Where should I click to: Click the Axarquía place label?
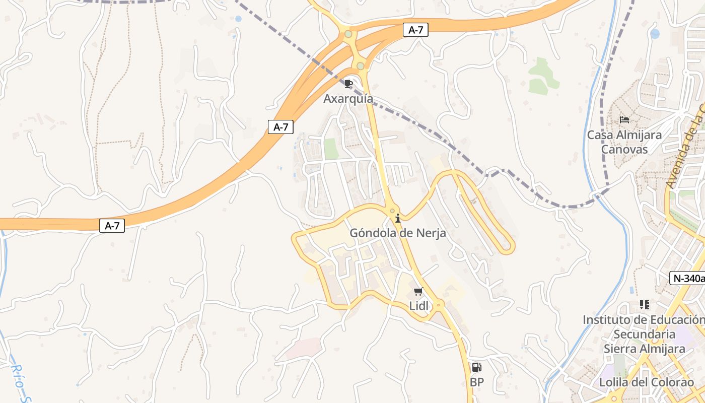click(x=348, y=99)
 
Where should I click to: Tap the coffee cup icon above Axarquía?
click(x=348, y=84)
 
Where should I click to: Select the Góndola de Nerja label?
click(x=398, y=233)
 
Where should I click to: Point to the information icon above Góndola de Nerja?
click(x=398, y=218)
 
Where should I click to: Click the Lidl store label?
click(x=418, y=306)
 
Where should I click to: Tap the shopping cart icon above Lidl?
click(x=418, y=292)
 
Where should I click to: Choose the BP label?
click(x=476, y=382)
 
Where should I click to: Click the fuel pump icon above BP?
click(x=476, y=367)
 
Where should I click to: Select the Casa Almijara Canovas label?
click(x=624, y=142)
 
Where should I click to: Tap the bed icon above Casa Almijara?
click(x=624, y=120)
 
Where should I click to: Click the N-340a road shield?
click(x=687, y=278)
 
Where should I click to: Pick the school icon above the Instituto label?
click(x=644, y=304)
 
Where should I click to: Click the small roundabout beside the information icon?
click(x=392, y=211)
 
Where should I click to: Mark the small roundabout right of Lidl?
click(x=439, y=304)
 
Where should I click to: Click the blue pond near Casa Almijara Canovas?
click(x=655, y=34)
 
